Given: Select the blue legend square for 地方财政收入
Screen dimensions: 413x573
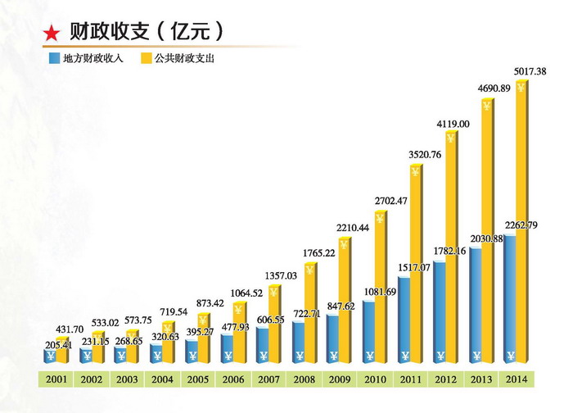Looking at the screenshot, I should point(53,59).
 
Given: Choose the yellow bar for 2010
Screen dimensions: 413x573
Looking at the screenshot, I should point(381,287).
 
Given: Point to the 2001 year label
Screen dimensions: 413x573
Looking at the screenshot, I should point(56,379).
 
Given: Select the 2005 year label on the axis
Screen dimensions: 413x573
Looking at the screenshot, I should point(197,379).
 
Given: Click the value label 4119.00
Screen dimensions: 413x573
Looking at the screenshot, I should point(449,124).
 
